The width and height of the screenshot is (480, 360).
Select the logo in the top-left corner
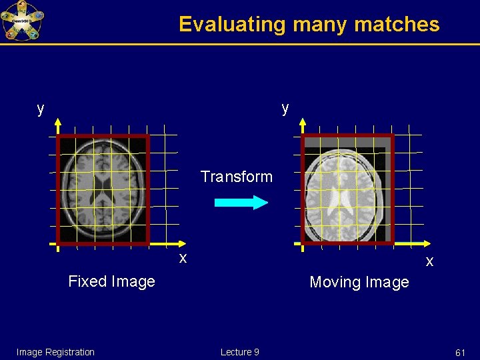click(21, 21)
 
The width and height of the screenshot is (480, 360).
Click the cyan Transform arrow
click(241, 203)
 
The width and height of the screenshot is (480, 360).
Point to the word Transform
click(237, 177)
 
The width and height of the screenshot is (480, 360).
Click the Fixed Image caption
click(111, 281)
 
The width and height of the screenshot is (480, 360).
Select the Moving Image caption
click(359, 282)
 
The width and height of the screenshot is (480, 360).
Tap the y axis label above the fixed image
click(41, 109)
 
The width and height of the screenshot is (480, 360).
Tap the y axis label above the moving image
click(285, 108)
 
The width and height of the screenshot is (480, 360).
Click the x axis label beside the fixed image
click(183, 257)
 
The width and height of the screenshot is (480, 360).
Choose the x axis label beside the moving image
click(429, 261)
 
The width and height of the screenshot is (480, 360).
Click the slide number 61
click(460, 352)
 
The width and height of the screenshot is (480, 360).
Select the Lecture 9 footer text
click(239, 352)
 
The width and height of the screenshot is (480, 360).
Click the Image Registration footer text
click(55, 352)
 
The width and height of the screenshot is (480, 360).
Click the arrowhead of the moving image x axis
click(424, 244)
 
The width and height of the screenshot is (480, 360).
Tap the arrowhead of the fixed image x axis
click(177, 244)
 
